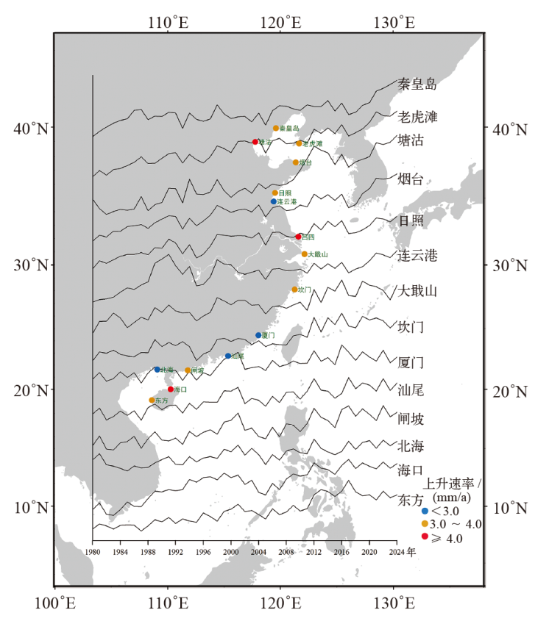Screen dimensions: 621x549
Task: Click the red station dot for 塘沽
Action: pyautogui.click(x=255, y=142)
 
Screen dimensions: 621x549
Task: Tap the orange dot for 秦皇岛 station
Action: pyautogui.click(x=276, y=129)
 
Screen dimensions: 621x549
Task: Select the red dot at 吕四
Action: pyautogui.click(x=298, y=237)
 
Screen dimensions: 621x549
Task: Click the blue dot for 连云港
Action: pyautogui.click(x=274, y=201)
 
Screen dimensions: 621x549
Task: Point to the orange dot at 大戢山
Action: pyautogui.click(x=305, y=254)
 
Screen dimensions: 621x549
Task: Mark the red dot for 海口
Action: pyautogui.click(x=171, y=390)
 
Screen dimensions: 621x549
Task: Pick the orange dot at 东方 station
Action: pyautogui.click(x=152, y=401)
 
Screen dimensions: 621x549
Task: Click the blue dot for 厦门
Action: pyautogui.click(x=258, y=335)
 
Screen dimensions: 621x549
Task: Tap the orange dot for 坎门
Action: pyautogui.click(x=294, y=290)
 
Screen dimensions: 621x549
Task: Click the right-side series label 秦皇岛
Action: pyautogui.click(x=417, y=84)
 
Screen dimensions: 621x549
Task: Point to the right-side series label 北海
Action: pyautogui.click(x=411, y=446)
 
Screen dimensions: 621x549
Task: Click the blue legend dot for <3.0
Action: pyautogui.click(x=425, y=511)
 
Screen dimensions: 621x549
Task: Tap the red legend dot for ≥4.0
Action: pyautogui.click(x=425, y=538)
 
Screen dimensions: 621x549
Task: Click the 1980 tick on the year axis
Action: pyautogui.click(x=93, y=552)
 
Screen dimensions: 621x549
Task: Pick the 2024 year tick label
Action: pyautogui.click(x=397, y=552)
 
